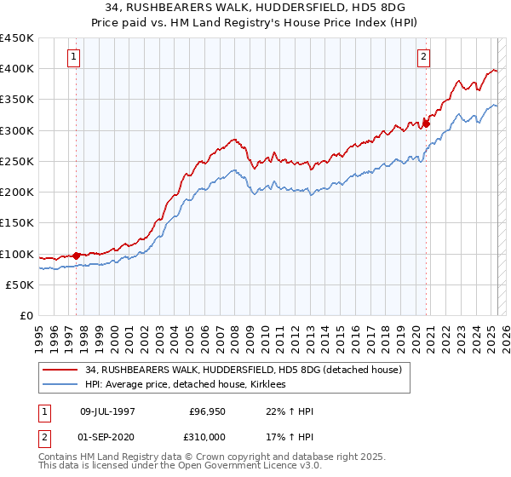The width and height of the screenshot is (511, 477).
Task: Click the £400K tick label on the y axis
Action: pos(17,68)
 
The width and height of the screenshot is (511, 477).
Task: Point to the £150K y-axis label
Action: pos(17,223)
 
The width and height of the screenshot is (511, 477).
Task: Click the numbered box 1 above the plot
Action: pos(74,58)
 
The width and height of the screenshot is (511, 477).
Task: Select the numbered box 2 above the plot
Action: pos(423,58)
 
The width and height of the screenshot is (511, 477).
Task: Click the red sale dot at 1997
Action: pos(77,255)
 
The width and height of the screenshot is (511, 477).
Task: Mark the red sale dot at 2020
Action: pos(427,124)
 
